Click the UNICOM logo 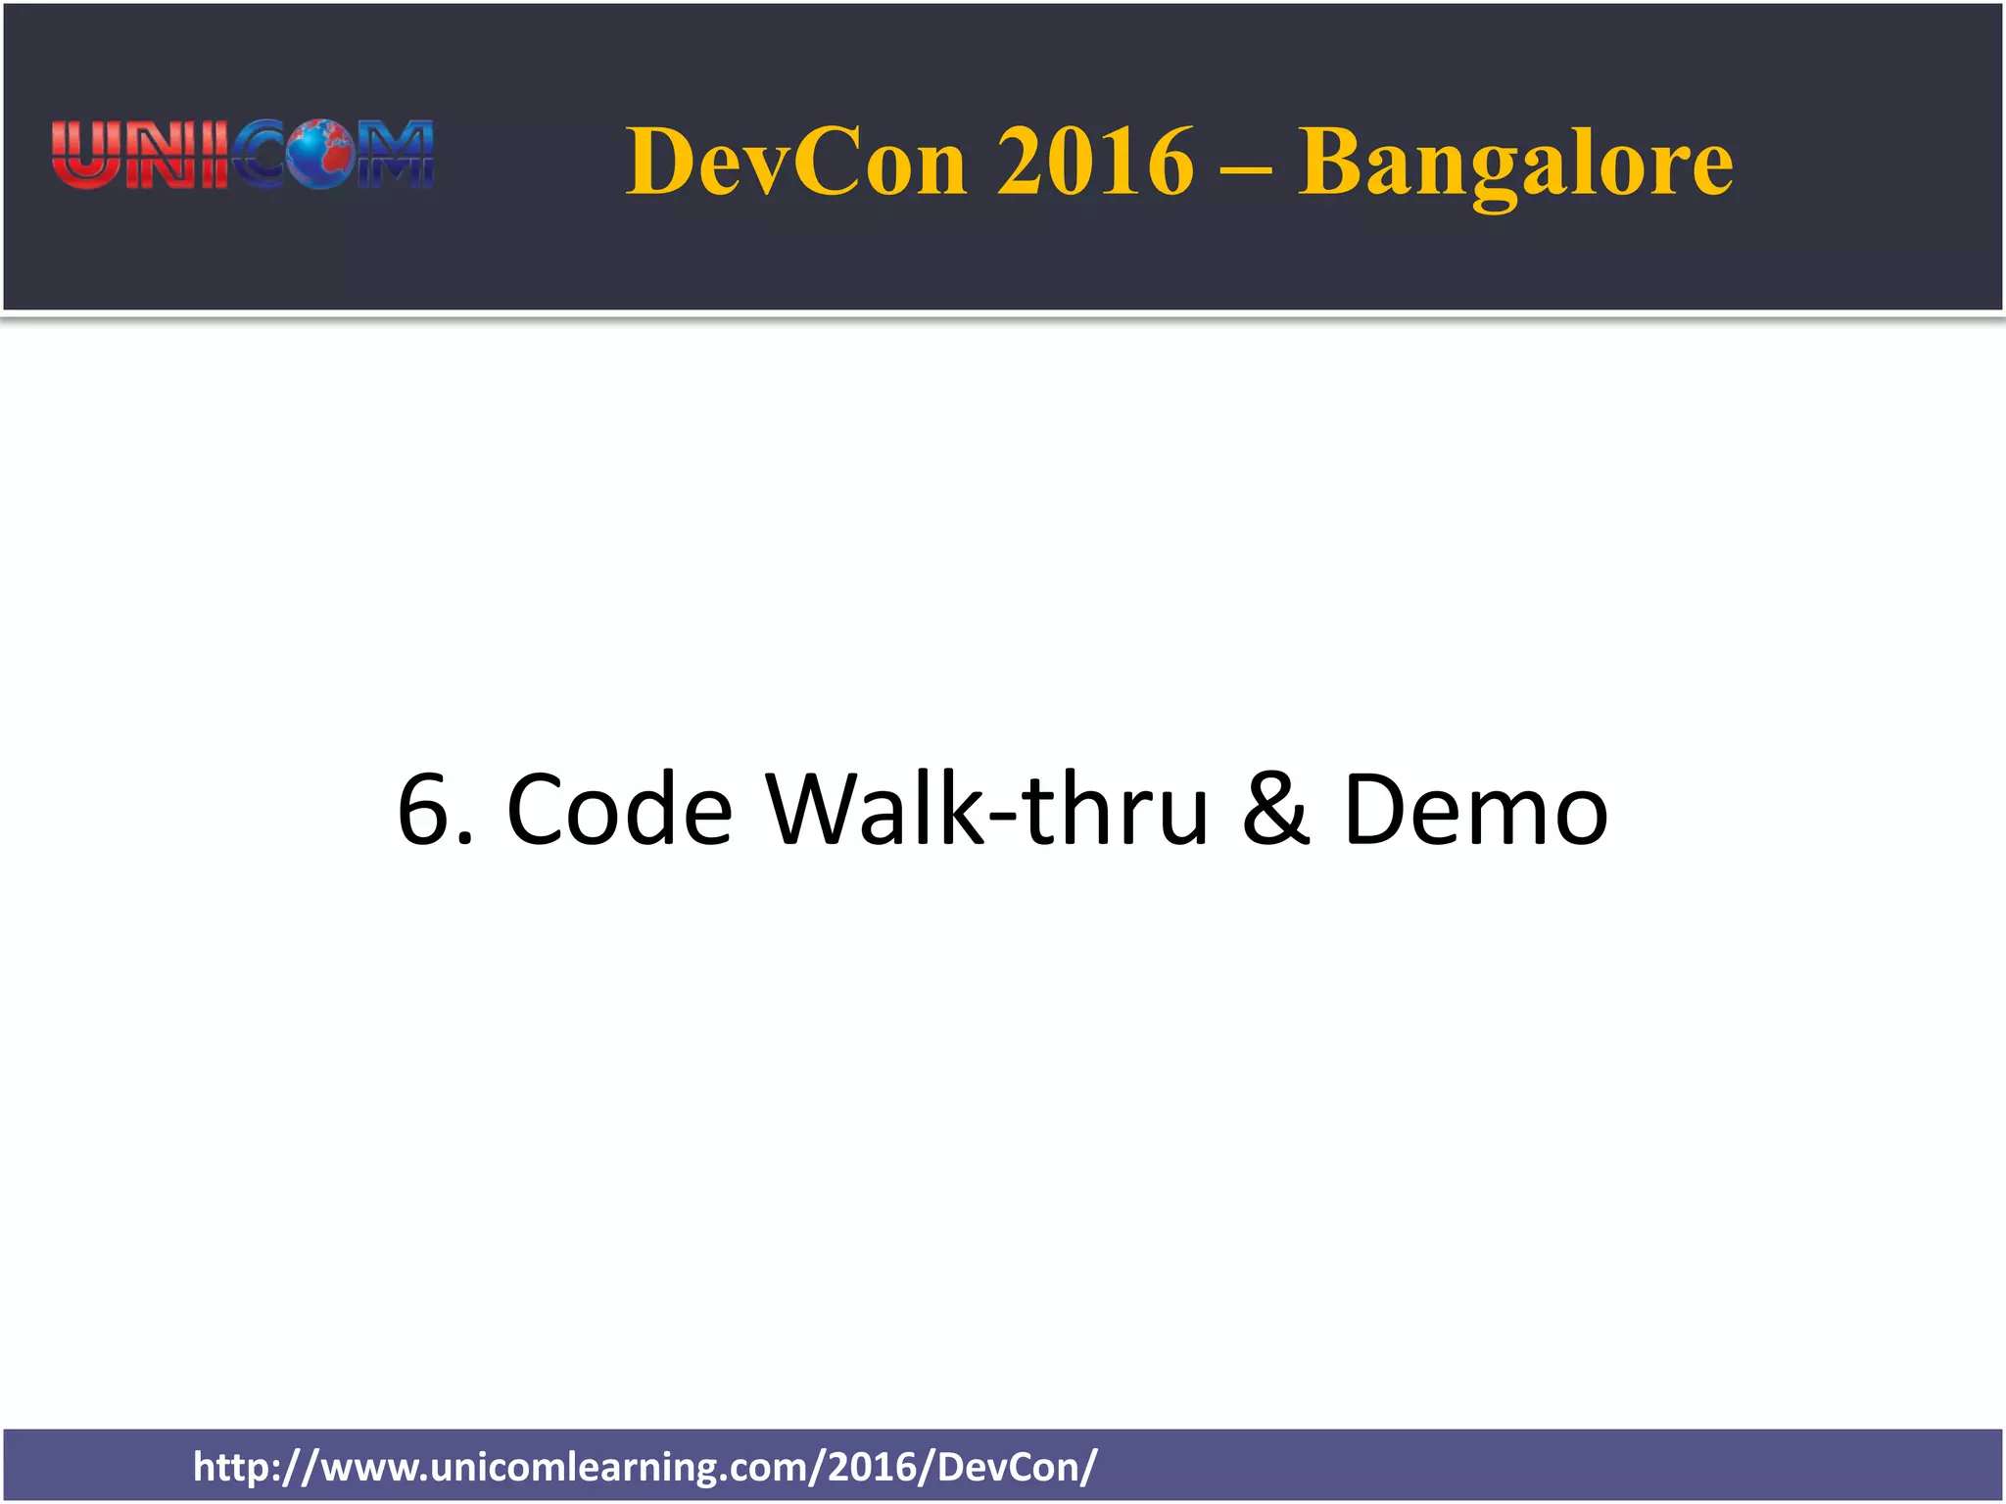point(242,155)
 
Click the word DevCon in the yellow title point(796,162)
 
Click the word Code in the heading point(619,810)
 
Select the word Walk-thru point(986,810)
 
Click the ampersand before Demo point(1275,810)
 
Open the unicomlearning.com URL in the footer point(645,1467)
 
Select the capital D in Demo point(1378,810)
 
